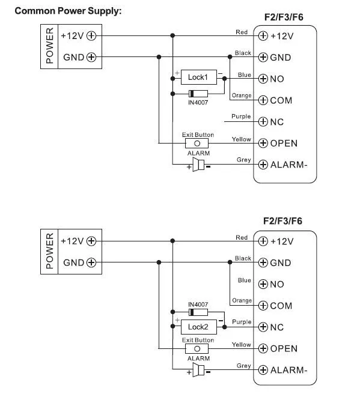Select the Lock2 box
(199, 327)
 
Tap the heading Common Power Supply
(68, 11)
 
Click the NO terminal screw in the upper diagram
(263, 79)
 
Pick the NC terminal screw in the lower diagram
(263, 327)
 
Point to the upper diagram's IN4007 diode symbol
(198, 94)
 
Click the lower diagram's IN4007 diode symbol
(198, 312)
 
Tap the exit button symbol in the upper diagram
(197, 143)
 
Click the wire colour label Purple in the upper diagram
(241, 117)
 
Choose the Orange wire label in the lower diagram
(242, 300)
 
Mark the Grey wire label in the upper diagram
(244, 160)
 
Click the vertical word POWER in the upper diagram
(50, 46)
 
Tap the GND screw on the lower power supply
(91, 262)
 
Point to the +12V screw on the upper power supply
(91, 35)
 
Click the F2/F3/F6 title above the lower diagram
(282, 221)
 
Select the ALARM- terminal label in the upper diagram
(288, 165)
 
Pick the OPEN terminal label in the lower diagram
(284, 349)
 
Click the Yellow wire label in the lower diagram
(241, 345)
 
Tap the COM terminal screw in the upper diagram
(263, 100)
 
